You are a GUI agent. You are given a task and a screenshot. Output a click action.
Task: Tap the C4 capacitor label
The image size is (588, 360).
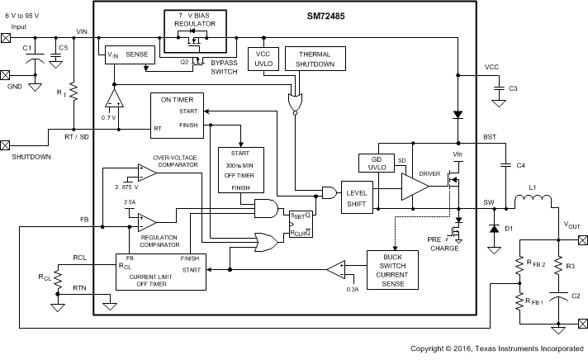click(520, 166)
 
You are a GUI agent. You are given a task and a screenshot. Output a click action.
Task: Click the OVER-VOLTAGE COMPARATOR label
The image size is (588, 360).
click(175, 160)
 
